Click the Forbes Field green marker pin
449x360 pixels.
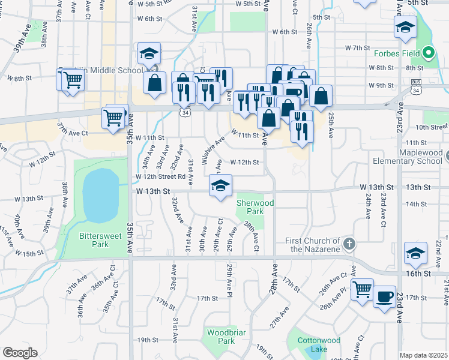pyautogui.click(x=428, y=53)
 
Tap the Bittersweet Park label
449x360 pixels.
pyautogui.click(x=94, y=240)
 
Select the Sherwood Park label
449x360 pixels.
pyautogui.click(x=255, y=208)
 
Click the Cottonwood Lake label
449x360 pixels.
pyautogui.click(x=319, y=344)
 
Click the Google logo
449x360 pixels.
pyautogui.click(x=20, y=352)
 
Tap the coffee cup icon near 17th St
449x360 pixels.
pyautogui.click(x=385, y=296)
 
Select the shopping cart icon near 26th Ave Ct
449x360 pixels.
pyautogui.click(x=362, y=289)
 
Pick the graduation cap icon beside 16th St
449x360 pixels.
pyautogui.click(x=415, y=253)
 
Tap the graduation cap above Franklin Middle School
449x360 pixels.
pyautogui.click(x=148, y=55)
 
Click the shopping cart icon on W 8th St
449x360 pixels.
pyautogui.click(x=72, y=79)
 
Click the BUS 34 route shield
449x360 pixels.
pyautogui.click(x=415, y=86)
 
